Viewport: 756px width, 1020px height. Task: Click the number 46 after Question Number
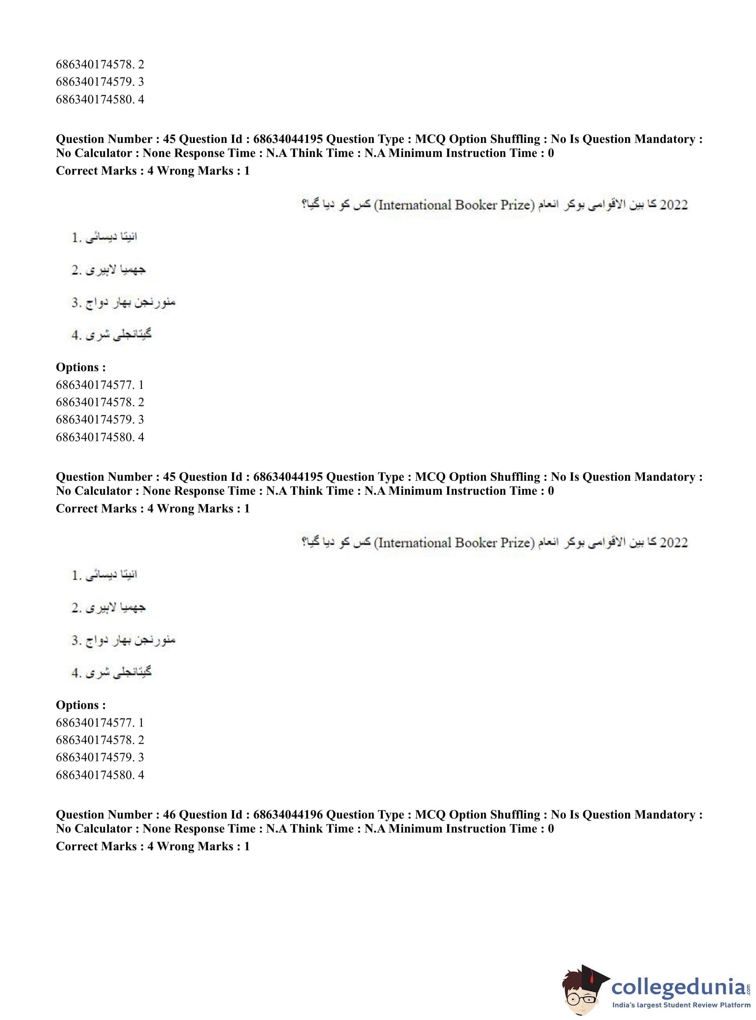pyautogui.click(x=169, y=814)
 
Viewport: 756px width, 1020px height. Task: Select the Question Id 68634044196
pyautogui.click(x=287, y=814)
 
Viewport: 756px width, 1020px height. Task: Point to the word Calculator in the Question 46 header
pyautogui.click(x=103, y=828)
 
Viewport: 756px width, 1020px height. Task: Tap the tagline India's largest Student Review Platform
pyautogui.click(x=681, y=1004)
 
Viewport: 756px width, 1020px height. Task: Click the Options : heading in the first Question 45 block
pyautogui.click(x=81, y=367)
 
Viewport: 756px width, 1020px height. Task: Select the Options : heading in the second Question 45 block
pyautogui.click(x=81, y=705)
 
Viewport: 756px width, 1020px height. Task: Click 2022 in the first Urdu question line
pyautogui.click(x=674, y=205)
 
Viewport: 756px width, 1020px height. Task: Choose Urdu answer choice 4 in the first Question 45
pyautogui.click(x=111, y=335)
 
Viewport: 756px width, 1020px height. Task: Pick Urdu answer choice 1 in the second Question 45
pyautogui.click(x=104, y=575)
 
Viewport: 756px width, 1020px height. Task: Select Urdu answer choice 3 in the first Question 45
pyautogui.click(x=124, y=302)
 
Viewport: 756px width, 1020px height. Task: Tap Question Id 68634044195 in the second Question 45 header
pyautogui.click(x=287, y=477)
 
